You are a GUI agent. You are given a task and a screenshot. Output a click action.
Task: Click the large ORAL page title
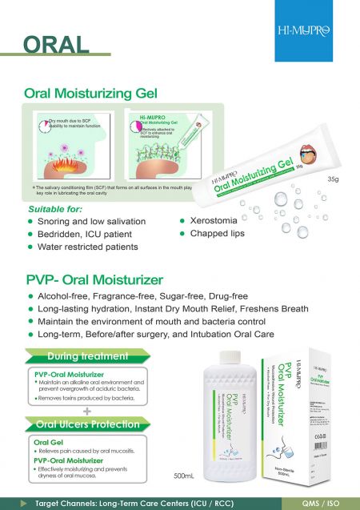pyautogui.click(x=55, y=42)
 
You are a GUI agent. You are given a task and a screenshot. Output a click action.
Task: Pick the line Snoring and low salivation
pyautogui.click(x=93, y=221)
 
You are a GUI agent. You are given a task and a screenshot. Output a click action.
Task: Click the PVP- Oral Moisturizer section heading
pyautogui.click(x=94, y=280)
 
